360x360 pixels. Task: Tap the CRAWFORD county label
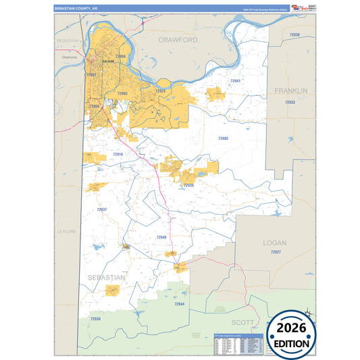coord(178,40)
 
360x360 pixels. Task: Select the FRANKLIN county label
coord(290,90)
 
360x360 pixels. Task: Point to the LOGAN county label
coord(275,242)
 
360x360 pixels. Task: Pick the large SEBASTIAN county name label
coord(106,278)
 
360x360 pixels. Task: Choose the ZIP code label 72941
coord(235,80)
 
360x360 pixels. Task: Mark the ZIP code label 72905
coord(223,138)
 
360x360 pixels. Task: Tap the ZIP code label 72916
coord(118,154)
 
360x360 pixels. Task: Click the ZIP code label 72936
coord(188,184)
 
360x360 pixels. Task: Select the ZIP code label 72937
coord(101,209)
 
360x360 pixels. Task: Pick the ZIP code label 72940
coord(161,237)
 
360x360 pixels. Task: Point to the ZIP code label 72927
coord(275,252)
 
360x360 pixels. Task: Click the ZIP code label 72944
coord(178,304)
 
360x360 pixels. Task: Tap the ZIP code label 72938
coord(95,319)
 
